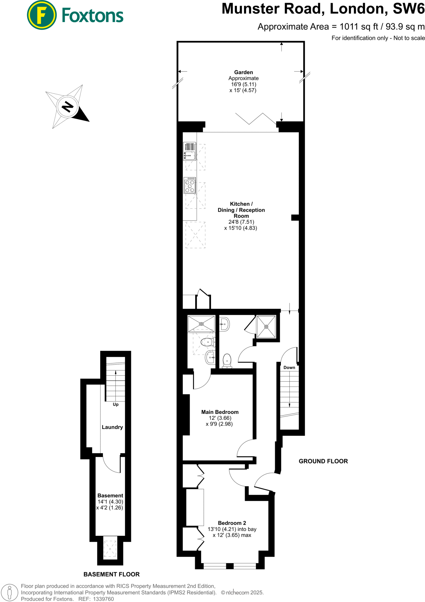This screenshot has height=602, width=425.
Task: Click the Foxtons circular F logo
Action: pyautogui.click(x=41, y=15)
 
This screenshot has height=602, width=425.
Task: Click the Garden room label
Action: pyautogui.click(x=243, y=72)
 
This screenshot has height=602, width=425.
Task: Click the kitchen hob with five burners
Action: pyautogui.click(x=190, y=185)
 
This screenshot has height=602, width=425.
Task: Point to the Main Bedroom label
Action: pyautogui.click(x=220, y=412)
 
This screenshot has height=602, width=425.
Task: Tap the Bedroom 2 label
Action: pyautogui.click(x=232, y=523)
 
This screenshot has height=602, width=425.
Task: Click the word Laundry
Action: pyautogui.click(x=112, y=427)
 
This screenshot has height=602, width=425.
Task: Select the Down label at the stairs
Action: pyautogui.click(x=289, y=367)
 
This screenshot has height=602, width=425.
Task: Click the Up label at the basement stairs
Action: pyautogui.click(x=116, y=404)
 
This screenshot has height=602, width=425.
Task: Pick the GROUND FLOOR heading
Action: pyautogui.click(x=323, y=461)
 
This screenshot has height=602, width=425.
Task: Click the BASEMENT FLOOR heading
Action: pyautogui.click(x=111, y=574)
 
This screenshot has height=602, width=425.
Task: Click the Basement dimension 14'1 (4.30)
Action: pyautogui.click(x=110, y=502)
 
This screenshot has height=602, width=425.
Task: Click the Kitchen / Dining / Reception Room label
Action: pyautogui.click(x=241, y=210)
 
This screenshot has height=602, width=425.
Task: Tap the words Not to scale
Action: pyautogui.click(x=409, y=38)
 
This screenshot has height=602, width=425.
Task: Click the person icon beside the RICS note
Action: pyautogui.click(x=9, y=592)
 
